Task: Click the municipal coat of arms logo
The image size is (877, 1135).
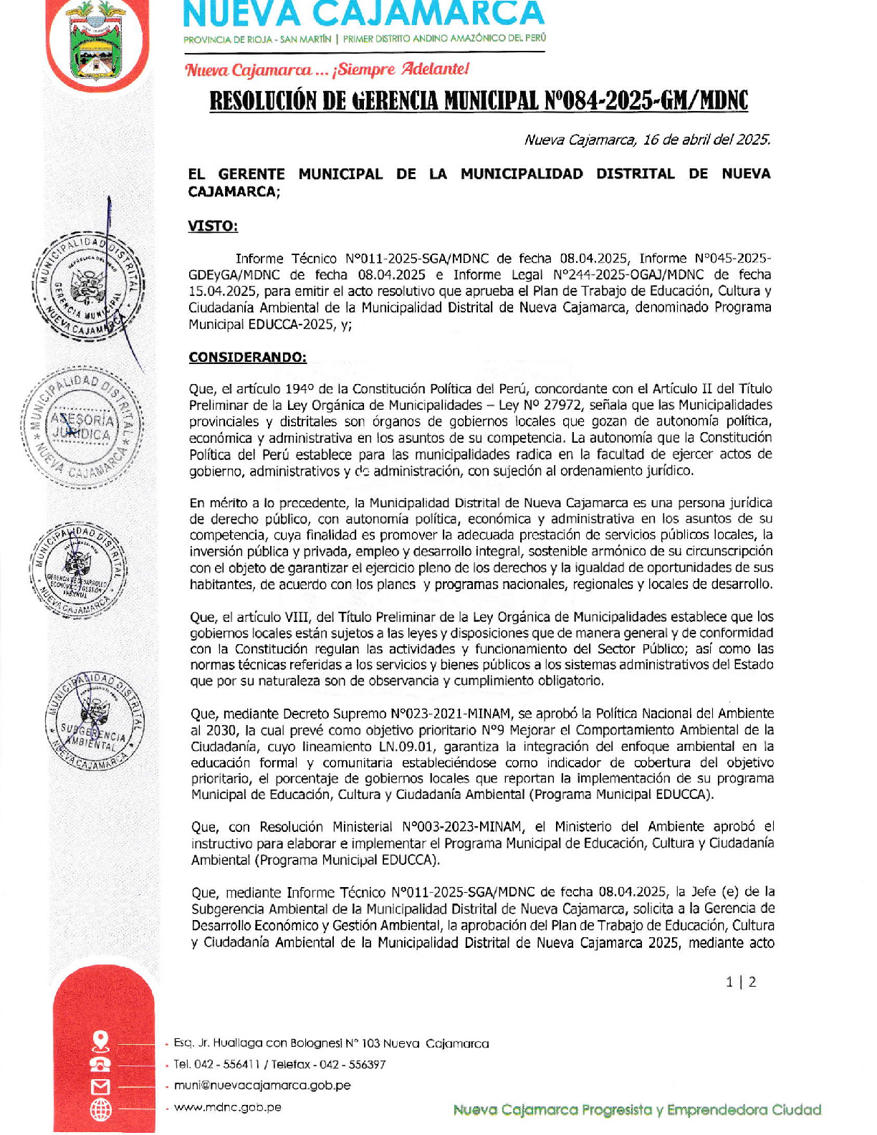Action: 97,41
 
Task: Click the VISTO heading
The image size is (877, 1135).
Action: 213,226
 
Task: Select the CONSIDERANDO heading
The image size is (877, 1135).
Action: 247,357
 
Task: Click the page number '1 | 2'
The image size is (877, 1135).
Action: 741,982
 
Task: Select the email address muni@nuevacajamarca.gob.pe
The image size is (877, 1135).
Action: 262,1085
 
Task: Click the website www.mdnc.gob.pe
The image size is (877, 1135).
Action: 227,1107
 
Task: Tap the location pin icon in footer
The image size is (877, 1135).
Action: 101,1040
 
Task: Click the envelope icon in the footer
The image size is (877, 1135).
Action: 101,1087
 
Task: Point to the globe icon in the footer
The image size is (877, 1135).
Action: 101,1110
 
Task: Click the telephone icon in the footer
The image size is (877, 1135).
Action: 101,1064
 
